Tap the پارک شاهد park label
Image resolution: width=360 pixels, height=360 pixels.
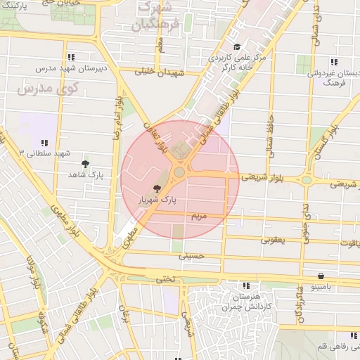tap(85, 174)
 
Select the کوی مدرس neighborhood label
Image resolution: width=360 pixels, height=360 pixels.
tap(48, 90)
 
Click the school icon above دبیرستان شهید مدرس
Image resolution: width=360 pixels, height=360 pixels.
tap(70, 58)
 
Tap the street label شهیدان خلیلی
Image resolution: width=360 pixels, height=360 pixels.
tap(162, 72)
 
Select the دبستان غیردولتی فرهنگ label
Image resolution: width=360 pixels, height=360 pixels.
tap(334, 77)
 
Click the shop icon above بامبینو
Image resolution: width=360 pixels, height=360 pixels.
tap(321, 276)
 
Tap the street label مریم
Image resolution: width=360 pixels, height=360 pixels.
tap(200, 216)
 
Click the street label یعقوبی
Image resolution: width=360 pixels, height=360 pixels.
tap(273, 240)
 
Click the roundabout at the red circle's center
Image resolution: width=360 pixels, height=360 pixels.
tap(180, 171)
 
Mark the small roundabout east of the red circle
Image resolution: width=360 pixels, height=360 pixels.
tap(307, 179)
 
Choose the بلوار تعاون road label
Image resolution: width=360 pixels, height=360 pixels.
tap(161, 137)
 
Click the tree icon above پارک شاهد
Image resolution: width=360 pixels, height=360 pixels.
tap(85, 164)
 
